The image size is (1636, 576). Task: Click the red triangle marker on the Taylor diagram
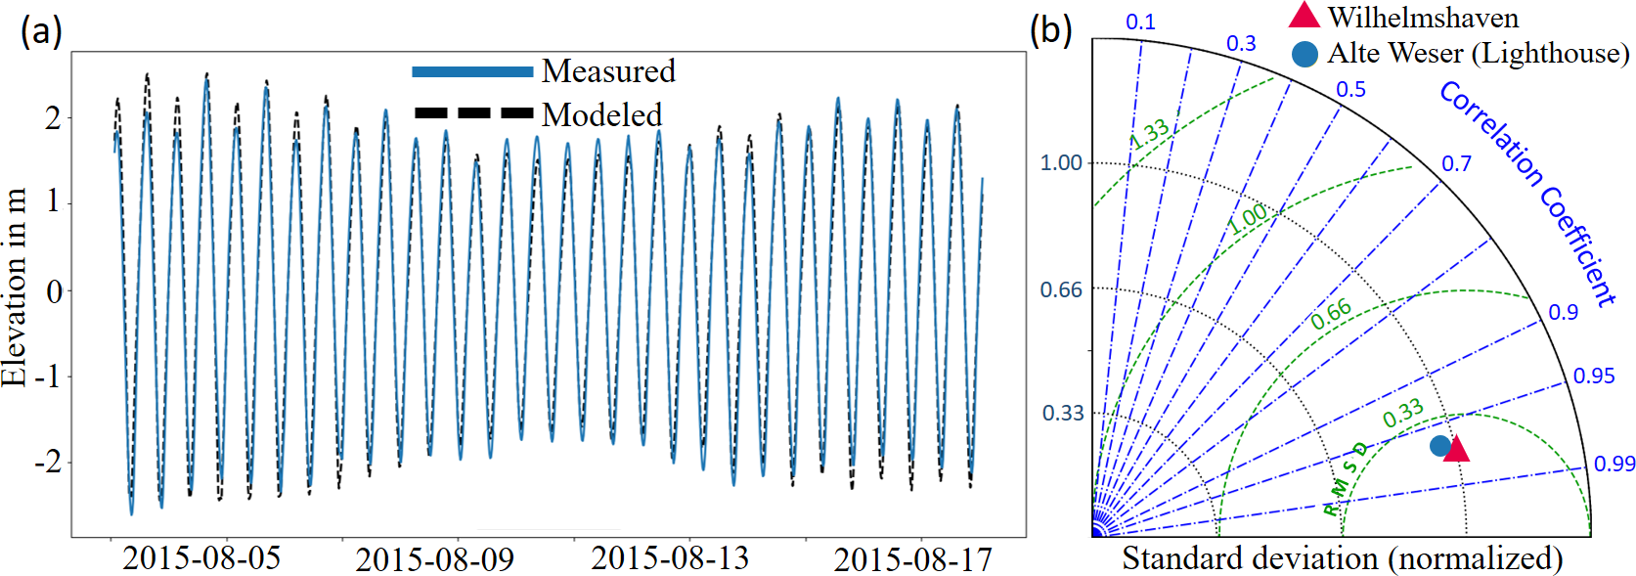coord(1456,449)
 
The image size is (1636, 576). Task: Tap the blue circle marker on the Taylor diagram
coord(1439,446)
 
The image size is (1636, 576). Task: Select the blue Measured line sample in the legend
coord(472,71)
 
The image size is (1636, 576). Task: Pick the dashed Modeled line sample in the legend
coord(472,113)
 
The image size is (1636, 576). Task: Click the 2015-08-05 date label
coord(201,558)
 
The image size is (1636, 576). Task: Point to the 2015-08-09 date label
coord(434,560)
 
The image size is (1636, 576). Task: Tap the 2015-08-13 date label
coord(670,558)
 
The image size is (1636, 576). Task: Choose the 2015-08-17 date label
coord(912,560)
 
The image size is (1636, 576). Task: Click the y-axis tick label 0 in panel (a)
coord(54,292)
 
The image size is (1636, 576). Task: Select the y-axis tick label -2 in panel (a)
coord(47,462)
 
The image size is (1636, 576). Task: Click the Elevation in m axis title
coord(15,288)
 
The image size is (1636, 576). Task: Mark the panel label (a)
coord(41,31)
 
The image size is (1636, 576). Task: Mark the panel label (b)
coord(1050,29)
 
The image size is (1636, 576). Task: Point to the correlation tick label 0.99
coord(1614,464)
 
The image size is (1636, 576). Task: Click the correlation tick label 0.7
coord(1456,163)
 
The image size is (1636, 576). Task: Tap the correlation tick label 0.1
coord(1140,22)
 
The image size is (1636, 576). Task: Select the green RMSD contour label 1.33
coord(1149,134)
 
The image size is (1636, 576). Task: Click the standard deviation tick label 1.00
coord(1061,162)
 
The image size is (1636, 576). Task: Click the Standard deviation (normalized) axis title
coord(1342,558)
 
